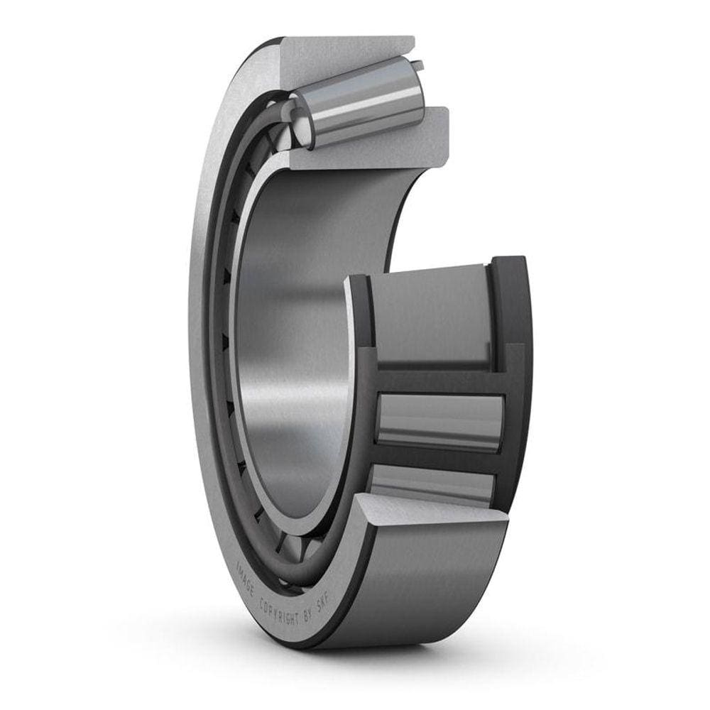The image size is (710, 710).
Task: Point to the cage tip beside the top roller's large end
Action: [419, 67]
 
